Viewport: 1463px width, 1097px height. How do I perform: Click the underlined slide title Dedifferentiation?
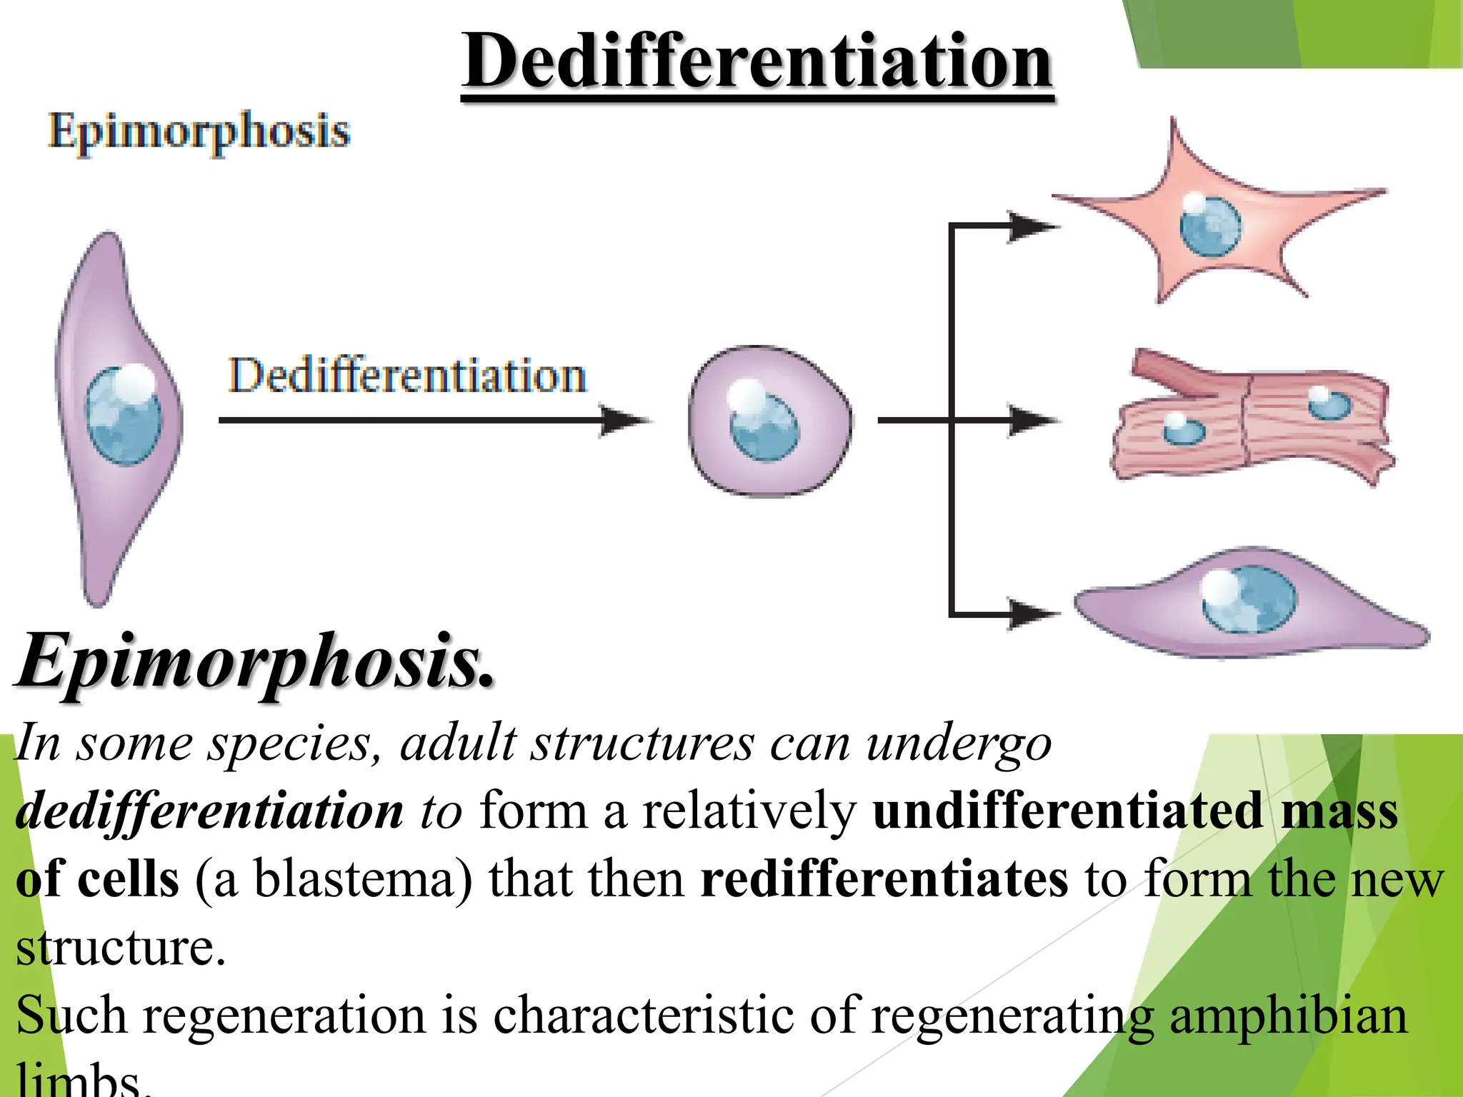pyautogui.click(x=757, y=63)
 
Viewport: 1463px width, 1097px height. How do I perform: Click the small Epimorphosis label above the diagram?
pyautogui.click(x=199, y=132)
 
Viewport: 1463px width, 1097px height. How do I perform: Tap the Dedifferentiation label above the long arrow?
pyautogui.click(x=407, y=376)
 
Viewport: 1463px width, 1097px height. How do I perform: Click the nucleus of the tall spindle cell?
pyautogui.click(x=124, y=415)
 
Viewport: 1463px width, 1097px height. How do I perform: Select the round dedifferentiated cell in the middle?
pyautogui.click(x=770, y=421)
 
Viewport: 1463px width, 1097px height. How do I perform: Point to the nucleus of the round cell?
pyautogui.click(x=763, y=424)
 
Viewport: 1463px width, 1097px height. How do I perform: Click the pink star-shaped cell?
pyautogui.click(x=1214, y=214)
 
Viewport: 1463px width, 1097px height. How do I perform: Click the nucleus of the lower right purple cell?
pyautogui.click(x=1247, y=598)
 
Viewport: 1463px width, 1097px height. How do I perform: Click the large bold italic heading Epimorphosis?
pyautogui.click(x=256, y=662)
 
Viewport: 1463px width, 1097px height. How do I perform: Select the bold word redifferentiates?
pyautogui.click(x=884, y=879)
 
